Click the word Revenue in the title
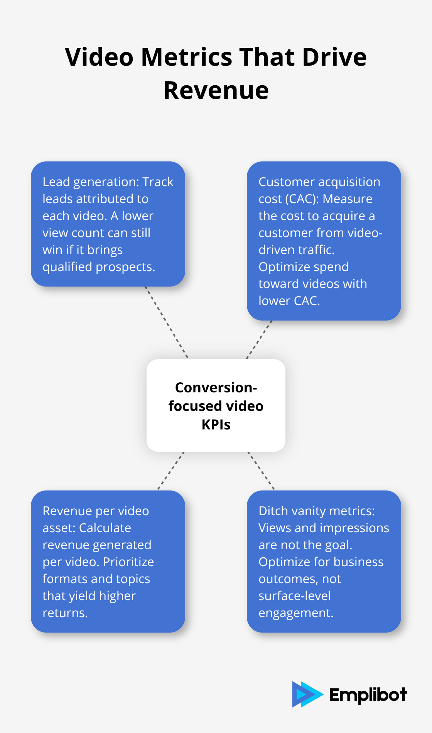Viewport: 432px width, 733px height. [216, 90]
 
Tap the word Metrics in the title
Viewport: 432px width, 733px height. [186, 57]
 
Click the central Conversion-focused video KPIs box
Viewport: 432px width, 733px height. [216, 406]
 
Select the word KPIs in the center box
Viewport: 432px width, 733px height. [216, 425]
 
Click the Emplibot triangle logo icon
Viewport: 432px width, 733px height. [307, 694]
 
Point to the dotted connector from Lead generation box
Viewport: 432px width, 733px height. [166, 322]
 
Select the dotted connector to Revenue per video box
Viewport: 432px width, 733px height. [171, 471]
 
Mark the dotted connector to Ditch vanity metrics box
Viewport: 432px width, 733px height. [261, 471]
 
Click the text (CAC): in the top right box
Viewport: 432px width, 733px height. [302, 199]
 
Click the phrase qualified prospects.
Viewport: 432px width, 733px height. [99, 267]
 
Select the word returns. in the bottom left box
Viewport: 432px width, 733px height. [65, 613]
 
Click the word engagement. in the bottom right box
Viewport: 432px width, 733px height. [296, 613]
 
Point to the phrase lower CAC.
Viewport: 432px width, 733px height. [289, 301]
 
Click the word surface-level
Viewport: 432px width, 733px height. [294, 596]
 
